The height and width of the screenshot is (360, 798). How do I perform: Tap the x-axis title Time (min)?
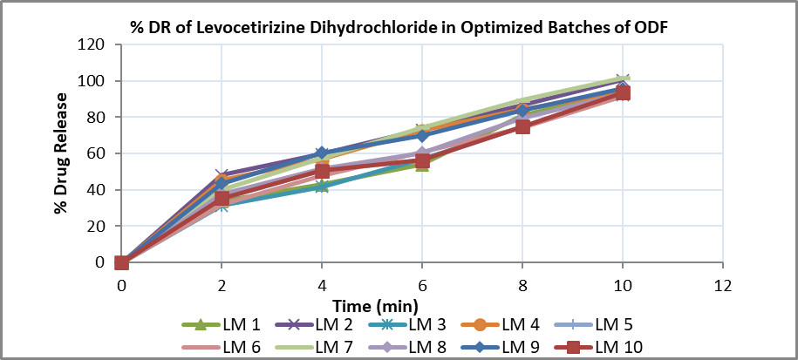click(376, 305)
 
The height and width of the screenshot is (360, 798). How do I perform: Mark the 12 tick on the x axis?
click(722, 285)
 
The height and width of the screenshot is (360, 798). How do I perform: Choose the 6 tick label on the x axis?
click(422, 285)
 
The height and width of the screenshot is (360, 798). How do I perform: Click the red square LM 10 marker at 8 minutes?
click(522, 126)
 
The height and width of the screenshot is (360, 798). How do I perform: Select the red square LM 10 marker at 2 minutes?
click(222, 199)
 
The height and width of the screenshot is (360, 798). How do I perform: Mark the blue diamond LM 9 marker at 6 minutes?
click(422, 135)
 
